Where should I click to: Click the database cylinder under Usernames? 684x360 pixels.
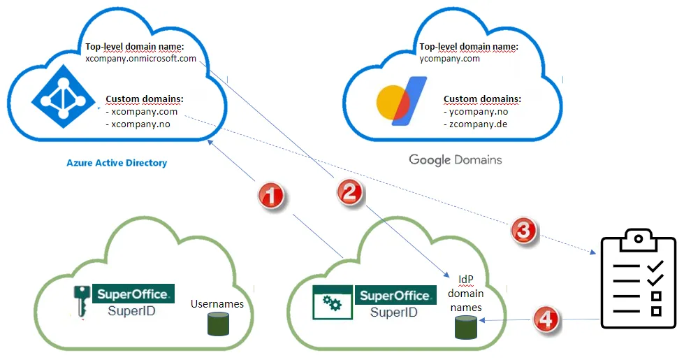click(217, 324)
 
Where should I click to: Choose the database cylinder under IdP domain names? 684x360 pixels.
click(465, 327)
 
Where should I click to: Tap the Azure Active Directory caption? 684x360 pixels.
click(117, 163)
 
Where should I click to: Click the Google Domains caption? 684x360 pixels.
click(455, 160)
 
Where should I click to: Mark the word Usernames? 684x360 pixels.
click(217, 304)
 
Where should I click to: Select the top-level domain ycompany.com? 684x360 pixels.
click(450, 59)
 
